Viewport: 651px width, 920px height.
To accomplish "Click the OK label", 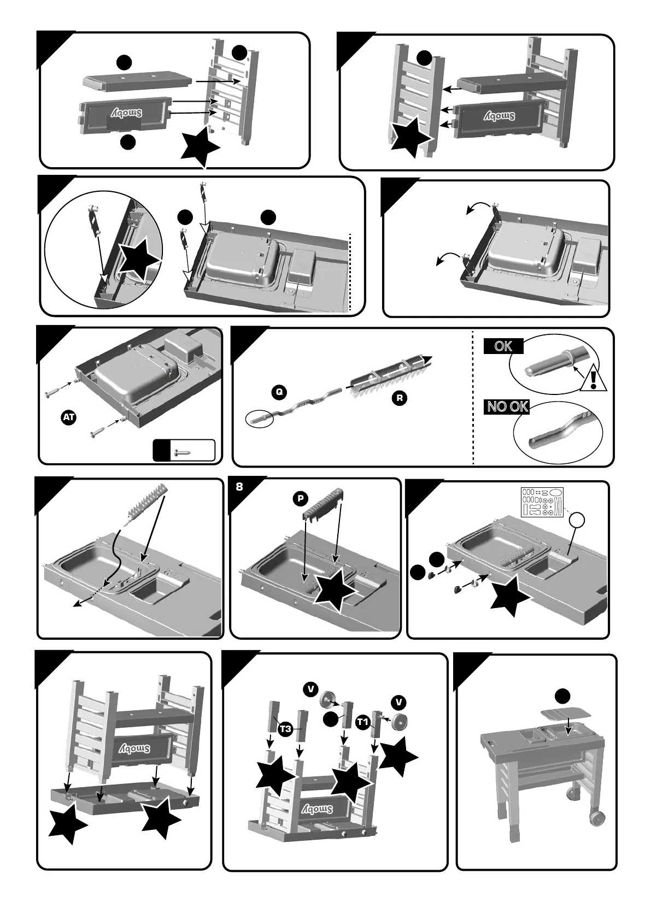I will [x=503, y=346].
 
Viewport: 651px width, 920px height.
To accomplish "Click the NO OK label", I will [x=507, y=406].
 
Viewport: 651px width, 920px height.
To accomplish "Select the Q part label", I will [x=279, y=392].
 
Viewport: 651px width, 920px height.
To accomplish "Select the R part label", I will [x=400, y=398].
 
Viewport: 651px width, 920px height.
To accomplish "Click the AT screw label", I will [x=69, y=417].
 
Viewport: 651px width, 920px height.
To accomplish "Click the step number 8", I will [x=239, y=486].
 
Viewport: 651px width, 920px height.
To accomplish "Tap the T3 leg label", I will [x=285, y=729].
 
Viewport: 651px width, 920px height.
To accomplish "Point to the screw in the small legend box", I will [x=183, y=452].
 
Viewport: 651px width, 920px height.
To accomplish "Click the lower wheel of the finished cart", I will [x=597, y=818].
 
